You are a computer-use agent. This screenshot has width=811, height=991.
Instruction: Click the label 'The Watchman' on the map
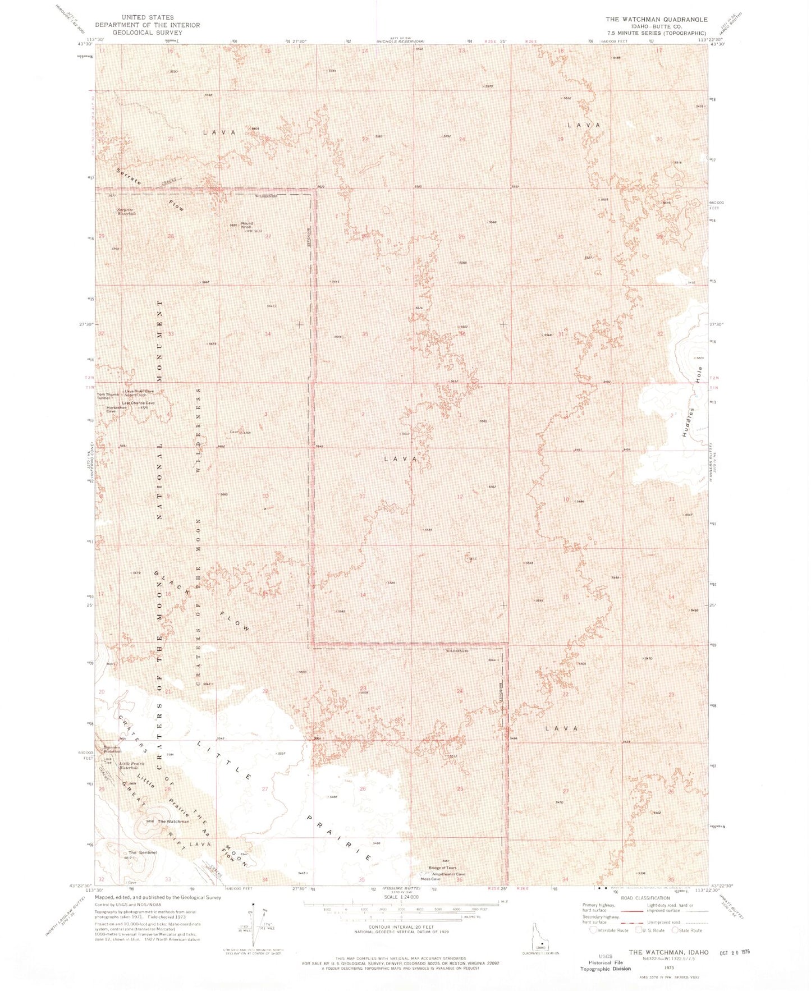coord(173,822)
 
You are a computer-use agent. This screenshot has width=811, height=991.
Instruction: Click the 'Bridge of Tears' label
coord(442,868)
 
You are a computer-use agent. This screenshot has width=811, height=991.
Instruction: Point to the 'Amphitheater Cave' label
coord(448,874)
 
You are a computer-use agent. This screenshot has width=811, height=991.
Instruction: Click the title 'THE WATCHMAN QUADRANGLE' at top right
coord(656,19)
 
